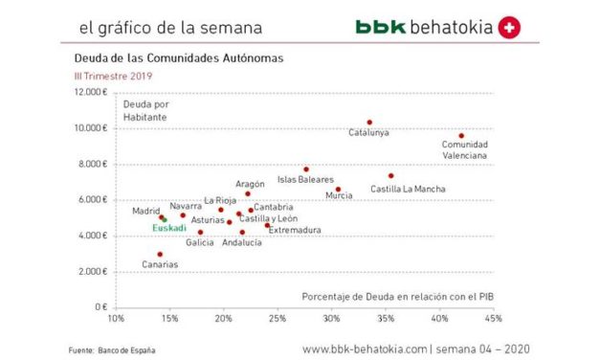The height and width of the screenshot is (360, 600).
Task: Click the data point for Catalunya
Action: click(x=369, y=123)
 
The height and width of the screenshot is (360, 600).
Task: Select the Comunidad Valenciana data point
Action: click(x=461, y=136)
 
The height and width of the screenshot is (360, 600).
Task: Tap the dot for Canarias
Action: click(x=160, y=255)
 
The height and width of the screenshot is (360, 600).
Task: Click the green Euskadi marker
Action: click(x=165, y=220)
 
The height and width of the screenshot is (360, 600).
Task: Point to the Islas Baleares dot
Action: click(x=306, y=169)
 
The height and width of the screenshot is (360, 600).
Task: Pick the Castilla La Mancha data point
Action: click(x=390, y=175)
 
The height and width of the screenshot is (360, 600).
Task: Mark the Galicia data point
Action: click(x=200, y=232)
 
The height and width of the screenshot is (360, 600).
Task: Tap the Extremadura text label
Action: click(x=294, y=230)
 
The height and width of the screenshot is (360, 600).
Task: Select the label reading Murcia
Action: click(x=339, y=196)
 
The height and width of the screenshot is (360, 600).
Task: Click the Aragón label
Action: click(x=250, y=183)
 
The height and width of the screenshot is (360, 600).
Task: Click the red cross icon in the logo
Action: click(x=510, y=28)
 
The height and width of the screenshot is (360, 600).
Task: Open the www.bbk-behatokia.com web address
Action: click(x=365, y=349)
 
